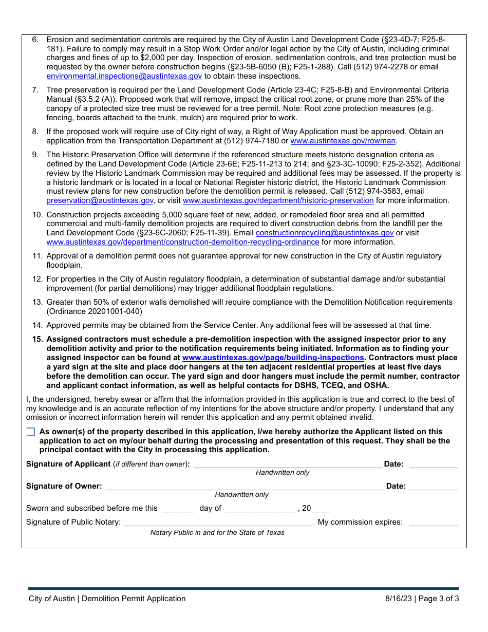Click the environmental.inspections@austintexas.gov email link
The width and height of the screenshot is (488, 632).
(x=124, y=76)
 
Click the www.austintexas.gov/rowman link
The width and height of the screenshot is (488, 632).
(x=343, y=141)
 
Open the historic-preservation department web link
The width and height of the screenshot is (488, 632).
(x=278, y=200)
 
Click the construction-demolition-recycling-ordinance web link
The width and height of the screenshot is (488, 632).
(x=183, y=242)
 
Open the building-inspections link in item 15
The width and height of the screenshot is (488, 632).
(x=273, y=358)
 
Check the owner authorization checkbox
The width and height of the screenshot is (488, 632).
(x=31, y=432)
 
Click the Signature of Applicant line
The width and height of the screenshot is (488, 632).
(x=288, y=464)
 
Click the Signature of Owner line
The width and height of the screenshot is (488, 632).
(x=244, y=486)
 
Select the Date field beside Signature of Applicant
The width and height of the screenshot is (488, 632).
(x=433, y=464)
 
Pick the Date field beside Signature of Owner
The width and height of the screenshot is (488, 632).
(x=433, y=486)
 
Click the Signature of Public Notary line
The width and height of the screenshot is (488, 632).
(x=217, y=522)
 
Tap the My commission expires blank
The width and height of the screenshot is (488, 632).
(x=433, y=522)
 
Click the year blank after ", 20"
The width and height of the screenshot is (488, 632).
(x=321, y=508)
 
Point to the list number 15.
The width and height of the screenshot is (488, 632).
(x=37, y=339)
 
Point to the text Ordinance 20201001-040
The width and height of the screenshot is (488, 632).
(x=94, y=311)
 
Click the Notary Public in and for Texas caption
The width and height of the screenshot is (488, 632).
(x=217, y=532)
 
